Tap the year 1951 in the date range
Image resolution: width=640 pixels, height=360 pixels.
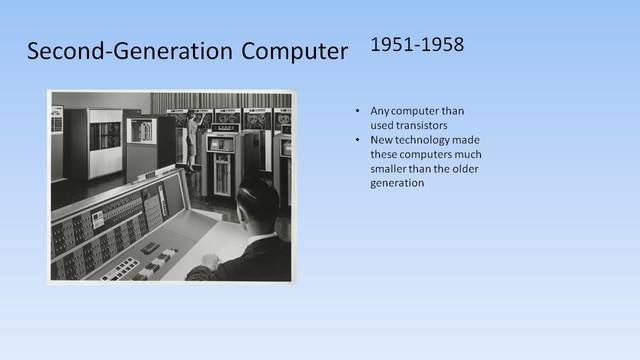click(x=390, y=45)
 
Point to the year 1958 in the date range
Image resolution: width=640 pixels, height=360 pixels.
click(x=441, y=45)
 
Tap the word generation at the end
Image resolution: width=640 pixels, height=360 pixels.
click(x=397, y=183)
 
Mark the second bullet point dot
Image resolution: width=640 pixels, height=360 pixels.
click(x=358, y=139)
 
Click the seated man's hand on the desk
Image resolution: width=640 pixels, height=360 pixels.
click(x=209, y=263)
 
